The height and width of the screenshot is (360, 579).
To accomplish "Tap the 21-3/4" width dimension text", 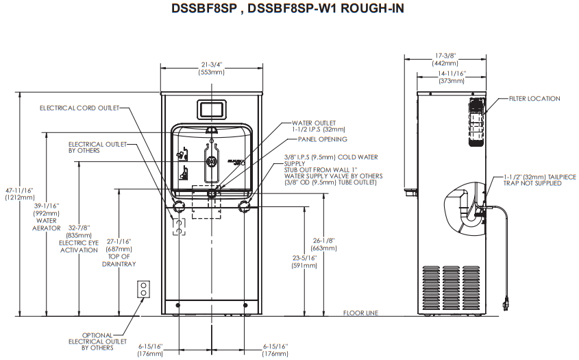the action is coord(212,65).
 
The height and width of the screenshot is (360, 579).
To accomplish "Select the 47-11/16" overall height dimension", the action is coord(19,191).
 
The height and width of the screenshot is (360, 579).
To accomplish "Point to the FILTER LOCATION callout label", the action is coord(534,99).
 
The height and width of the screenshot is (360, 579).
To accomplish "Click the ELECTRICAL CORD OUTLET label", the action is coord(79,108).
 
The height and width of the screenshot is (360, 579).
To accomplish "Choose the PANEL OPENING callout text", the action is coord(322,139).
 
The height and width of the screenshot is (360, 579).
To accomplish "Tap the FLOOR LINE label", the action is coord(361,313).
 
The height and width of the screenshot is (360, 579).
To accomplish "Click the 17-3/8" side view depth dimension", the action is coord(445,56).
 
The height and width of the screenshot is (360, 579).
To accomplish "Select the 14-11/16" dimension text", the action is coord(452,73).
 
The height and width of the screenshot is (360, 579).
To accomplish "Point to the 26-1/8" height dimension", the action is coord(323,240).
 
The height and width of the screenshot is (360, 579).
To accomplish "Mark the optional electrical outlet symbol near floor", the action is coord(144,289).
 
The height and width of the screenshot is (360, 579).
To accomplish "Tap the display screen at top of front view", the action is coord(212,110).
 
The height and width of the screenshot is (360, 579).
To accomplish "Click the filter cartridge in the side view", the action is coord(477,121).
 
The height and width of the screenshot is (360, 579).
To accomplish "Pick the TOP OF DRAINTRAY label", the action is coord(119,260).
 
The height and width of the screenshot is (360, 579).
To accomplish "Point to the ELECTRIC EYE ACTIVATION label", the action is coord(79,247).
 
